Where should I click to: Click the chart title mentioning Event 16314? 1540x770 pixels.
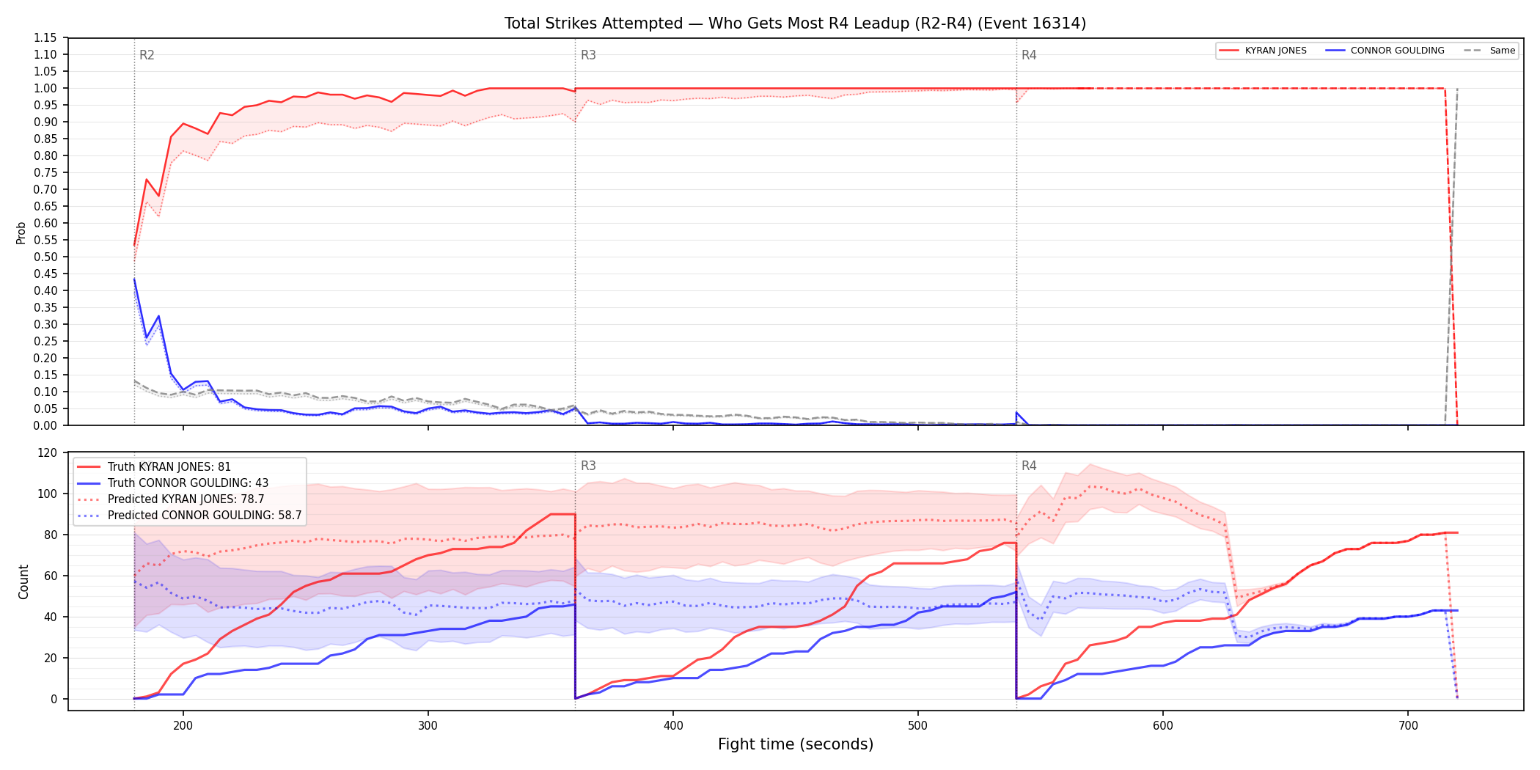coord(795,23)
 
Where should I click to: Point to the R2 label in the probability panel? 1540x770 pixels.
coord(147,55)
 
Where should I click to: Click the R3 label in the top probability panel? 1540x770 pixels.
coord(588,55)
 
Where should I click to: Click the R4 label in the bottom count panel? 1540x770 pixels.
coord(1029,466)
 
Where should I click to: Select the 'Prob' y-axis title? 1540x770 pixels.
coord(21,232)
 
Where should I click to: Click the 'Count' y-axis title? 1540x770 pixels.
coord(23,582)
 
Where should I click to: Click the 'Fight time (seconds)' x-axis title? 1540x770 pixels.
coord(796,744)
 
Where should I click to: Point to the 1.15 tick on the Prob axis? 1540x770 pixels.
coord(45,37)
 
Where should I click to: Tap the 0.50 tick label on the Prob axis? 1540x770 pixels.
coord(45,257)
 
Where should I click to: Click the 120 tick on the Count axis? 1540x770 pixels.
coord(48,452)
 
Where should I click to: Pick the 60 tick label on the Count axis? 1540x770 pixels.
coord(51,576)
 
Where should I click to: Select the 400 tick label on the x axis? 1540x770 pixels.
coord(673,726)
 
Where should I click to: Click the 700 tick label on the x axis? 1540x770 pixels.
coord(1408,726)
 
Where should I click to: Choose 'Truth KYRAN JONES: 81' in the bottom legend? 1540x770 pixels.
coord(169,466)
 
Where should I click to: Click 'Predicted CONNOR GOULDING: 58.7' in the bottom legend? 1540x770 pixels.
coord(205,515)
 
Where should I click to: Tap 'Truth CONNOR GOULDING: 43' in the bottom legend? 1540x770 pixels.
coord(188,483)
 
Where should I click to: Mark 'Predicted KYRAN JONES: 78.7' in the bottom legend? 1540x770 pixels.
coord(186,499)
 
